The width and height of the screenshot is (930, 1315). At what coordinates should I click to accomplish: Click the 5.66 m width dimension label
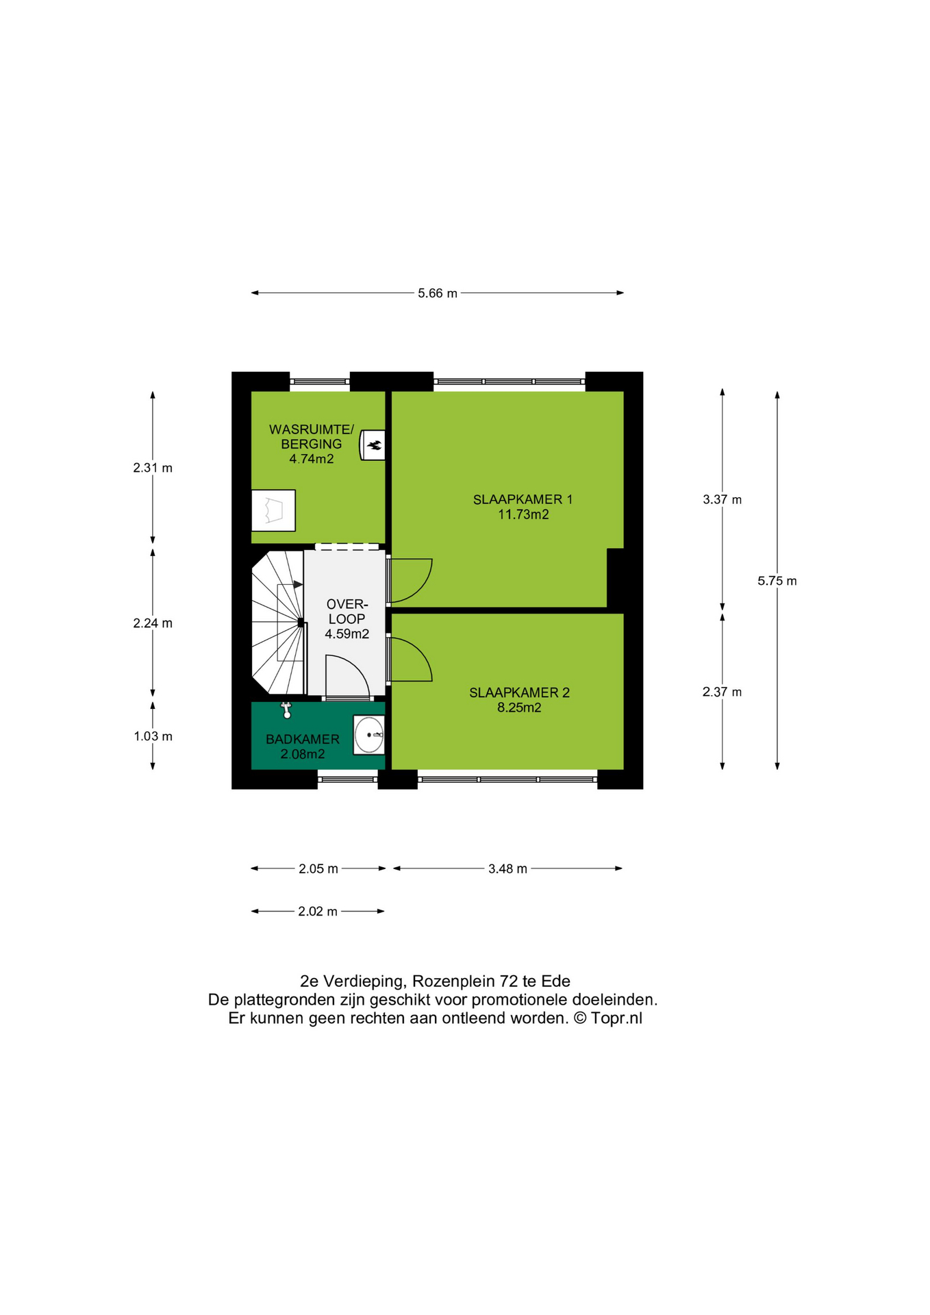pyautogui.click(x=438, y=293)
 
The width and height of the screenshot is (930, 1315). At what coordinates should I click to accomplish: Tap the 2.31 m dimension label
pyautogui.click(x=153, y=468)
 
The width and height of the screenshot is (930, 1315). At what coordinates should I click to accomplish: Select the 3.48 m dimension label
pyautogui.click(x=507, y=868)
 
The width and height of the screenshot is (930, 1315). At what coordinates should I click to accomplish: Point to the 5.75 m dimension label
pyautogui.click(x=777, y=581)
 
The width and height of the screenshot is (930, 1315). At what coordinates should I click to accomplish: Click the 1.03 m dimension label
pyautogui.click(x=153, y=736)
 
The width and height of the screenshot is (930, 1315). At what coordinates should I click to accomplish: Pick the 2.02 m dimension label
pyautogui.click(x=318, y=912)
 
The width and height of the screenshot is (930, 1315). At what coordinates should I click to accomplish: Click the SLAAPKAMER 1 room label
pyautogui.click(x=523, y=499)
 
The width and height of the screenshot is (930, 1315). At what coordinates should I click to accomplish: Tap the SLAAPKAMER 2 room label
pyautogui.click(x=519, y=692)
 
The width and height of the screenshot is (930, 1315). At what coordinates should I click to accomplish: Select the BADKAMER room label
pyautogui.click(x=303, y=739)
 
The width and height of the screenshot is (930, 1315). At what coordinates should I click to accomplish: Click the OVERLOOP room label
pyautogui.click(x=347, y=612)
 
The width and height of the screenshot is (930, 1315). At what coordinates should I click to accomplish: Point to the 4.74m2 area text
pyautogui.click(x=312, y=459)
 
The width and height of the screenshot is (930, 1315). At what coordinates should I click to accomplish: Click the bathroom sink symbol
pyautogui.click(x=369, y=735)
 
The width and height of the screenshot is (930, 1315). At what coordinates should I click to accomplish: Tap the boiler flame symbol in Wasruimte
pyautogui.click(x=374, y=446)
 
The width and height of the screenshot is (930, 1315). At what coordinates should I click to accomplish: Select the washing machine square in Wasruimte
pyautogui.click(x=273, y=510)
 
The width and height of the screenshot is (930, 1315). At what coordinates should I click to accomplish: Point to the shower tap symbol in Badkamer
pyautogui.click(x=287, y=710)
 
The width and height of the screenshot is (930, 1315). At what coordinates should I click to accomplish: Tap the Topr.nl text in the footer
pyautogui.click(x=616, y=1018)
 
